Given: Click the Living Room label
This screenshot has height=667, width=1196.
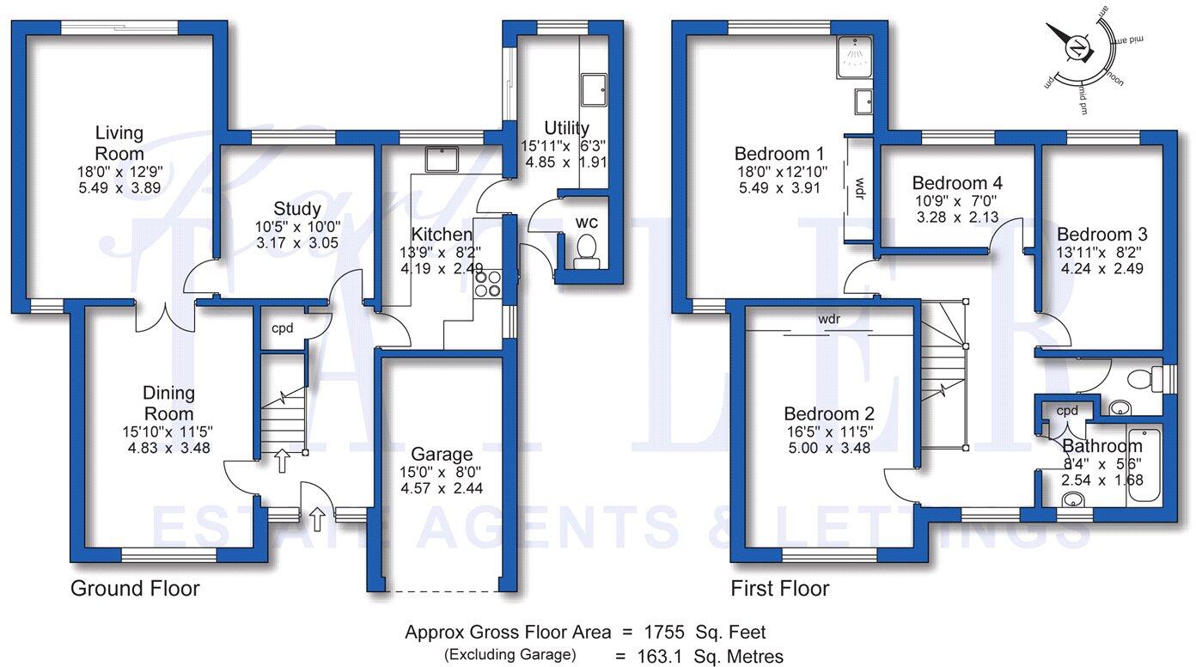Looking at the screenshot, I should click(119, 144).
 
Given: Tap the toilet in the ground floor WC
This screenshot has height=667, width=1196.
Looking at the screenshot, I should click(586, 250).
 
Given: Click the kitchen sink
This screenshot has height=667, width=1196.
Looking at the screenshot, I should click(442, 159).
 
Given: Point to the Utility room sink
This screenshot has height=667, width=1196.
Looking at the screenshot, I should click(594, 89).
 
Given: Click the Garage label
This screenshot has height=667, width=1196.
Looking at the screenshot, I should click(441, 454).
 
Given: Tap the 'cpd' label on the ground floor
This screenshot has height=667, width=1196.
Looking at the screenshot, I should click(283, 329).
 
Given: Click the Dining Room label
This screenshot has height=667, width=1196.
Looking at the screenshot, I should click(168, 403).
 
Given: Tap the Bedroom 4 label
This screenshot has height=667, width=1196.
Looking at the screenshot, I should click(957, 183).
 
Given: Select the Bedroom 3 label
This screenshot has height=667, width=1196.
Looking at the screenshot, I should click(1101, 235).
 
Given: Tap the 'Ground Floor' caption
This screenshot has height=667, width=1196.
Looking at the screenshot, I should click(135, 589).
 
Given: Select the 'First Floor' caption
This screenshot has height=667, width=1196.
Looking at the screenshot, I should click(779, 589).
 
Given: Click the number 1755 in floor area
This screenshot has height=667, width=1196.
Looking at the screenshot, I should click(664, 633).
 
